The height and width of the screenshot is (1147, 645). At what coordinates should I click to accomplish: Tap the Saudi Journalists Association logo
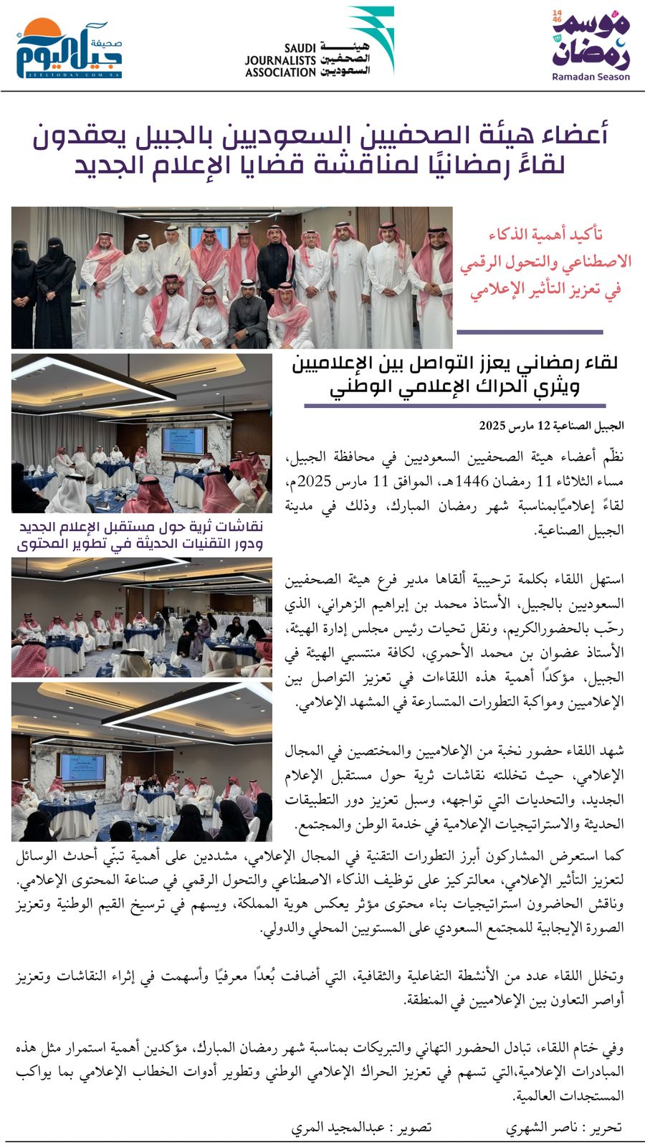pyautogui.click(x=319, y=44)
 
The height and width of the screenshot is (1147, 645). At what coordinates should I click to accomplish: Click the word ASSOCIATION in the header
pyautogui.click(x=280, y=72)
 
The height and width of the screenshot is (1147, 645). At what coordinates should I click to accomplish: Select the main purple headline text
pyautogui.click(x=322, y=149)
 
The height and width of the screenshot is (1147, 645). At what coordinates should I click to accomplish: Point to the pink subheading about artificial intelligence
pyautogui.click(x=545, y=262)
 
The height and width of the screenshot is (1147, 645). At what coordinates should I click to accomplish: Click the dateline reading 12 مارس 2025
pyautogui.click(x=552, y=426)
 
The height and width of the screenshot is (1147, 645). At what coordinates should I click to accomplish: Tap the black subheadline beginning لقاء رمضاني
pyautogui.click(x=454, y=375)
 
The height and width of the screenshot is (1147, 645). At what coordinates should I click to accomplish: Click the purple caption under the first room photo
pyautogui.click(x=140, y=536)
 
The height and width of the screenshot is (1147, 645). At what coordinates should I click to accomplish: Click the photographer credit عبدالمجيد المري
pyautogui.click(x=361, y=1128)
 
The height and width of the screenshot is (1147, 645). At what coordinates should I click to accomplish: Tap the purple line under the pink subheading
pyautogui.click(x=530, y=332)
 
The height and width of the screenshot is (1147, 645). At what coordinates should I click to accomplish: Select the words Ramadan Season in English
pyautogui.click(x=591, y=77)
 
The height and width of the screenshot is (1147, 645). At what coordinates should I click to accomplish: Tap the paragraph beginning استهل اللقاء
pyautogui.click(x=454, y=640)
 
